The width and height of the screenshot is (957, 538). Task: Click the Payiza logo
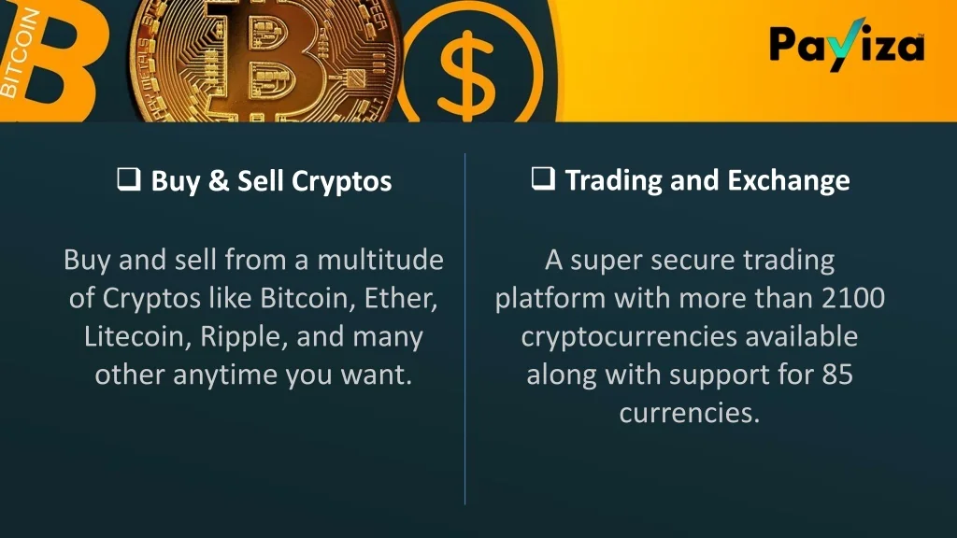click(x=847, y=45)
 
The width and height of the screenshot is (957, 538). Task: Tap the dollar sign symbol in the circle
click(x=468, y=73)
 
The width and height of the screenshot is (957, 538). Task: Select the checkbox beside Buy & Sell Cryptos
click(x=129, y=179)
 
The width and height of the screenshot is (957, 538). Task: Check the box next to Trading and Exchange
click(x=543, y=178)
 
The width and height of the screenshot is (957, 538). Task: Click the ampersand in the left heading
click(x=218, y=180)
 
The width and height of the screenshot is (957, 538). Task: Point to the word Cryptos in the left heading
click(x=341, y=182)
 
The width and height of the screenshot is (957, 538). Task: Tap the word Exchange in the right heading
click(x=789, y=181)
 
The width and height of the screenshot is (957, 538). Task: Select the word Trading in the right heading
click(x=613, y=181)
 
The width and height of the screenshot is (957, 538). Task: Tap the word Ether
click(x=400, y=298)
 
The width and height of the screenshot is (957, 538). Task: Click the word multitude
click(x=380, y=260)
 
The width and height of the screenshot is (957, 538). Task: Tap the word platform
click(x=550, y=300)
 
